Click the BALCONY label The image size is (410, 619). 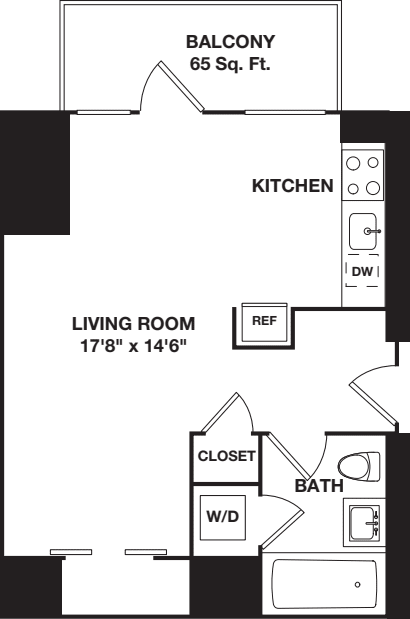point(230,42)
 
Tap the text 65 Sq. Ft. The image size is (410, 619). point(230,65)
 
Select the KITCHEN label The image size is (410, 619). point(292,186)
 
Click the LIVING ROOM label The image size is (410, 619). point(133,324)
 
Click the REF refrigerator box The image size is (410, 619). point(263,322)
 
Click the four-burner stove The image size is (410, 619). point(362,173)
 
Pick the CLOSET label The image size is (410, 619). point(226,456)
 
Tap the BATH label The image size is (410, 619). point(319,486)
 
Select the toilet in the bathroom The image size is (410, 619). point(359,467)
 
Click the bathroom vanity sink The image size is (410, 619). point(363,521)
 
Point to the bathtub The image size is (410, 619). point(326,585)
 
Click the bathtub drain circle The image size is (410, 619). point(357,585)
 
